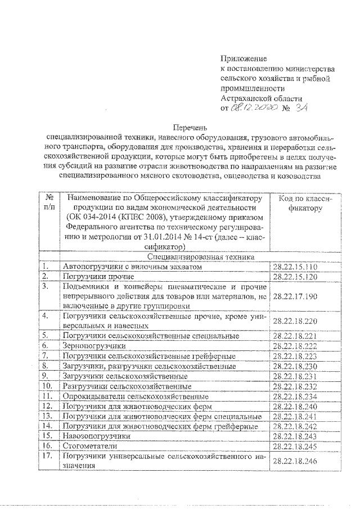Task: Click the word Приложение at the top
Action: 243,58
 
